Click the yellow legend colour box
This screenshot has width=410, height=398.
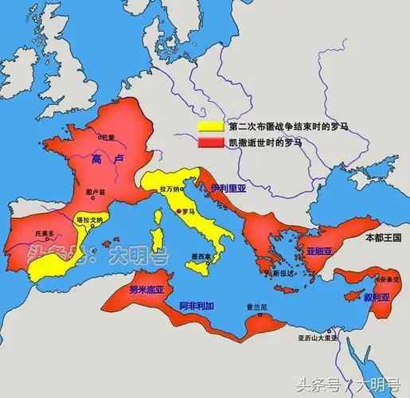[x=210, y=127]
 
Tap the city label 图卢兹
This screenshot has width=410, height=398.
[x=95, y=193]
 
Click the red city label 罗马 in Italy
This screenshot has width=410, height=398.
[x=188, y=213]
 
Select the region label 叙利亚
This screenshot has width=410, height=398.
[x=377, y=296]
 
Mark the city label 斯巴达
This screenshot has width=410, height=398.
[x=283, y=272]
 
